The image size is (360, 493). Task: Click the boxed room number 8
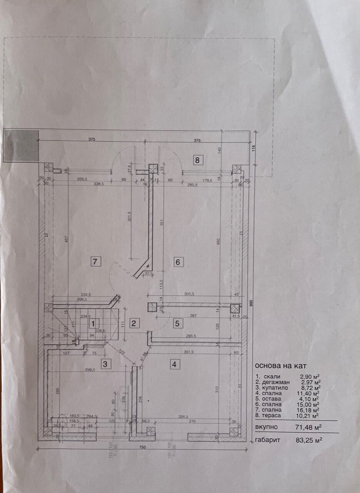click(197, 160)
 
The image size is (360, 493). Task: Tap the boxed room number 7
click(96, 262)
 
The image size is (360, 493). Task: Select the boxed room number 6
click(177, 262)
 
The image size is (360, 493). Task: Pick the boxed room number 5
click(177, 323)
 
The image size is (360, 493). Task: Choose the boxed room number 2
click(134, 323)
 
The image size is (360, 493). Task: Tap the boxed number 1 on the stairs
click(92, 323)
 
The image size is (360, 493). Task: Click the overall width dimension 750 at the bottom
click(142, 448)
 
